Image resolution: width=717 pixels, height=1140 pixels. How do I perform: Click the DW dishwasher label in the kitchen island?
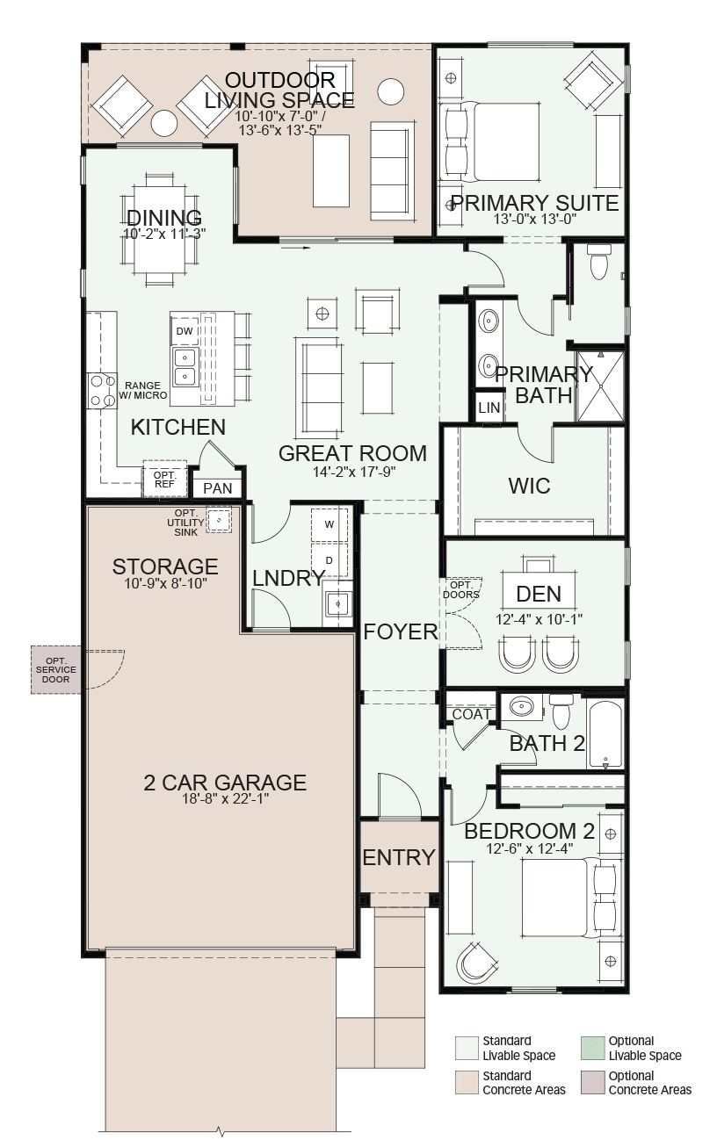point(185,331)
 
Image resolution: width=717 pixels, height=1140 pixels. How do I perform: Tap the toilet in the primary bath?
point(598,262)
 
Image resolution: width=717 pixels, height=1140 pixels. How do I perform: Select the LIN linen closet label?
point(489,408)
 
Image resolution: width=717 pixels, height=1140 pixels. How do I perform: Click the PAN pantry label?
point(217,488)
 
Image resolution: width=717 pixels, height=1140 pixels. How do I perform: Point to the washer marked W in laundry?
point(330,524)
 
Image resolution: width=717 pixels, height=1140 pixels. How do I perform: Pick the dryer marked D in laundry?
point(330,560)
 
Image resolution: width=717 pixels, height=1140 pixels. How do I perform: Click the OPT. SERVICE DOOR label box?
point(56,670)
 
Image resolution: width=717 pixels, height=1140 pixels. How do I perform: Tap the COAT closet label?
point(472,715)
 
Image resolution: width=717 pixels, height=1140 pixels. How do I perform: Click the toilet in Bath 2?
point(561,711)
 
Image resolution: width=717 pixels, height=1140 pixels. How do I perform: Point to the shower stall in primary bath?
point(601,386)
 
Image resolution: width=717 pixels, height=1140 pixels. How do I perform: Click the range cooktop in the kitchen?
point(102,391)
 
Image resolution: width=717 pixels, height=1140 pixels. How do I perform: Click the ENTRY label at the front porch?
point(399,857)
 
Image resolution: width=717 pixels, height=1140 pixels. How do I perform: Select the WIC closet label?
point(529,486)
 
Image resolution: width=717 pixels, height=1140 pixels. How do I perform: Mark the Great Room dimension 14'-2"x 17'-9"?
point(354,472)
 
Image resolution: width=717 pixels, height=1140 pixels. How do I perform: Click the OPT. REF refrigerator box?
point(164,479)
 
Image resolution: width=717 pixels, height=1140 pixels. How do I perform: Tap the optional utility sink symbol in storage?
point(219,520)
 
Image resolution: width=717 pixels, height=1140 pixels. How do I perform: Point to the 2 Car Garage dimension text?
point(226,798)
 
